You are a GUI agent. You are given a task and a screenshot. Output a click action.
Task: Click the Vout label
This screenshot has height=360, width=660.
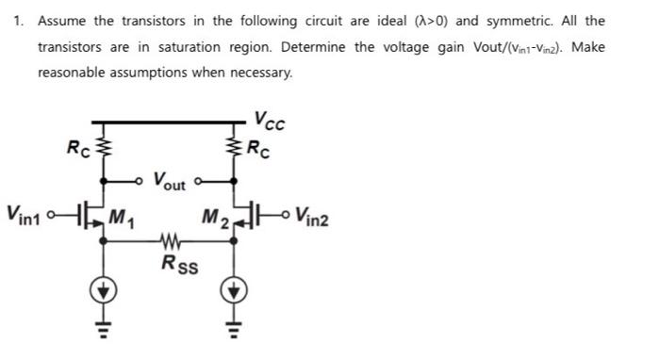click(170, 178)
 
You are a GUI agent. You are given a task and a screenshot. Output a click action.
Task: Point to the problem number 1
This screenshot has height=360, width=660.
click(18, 20)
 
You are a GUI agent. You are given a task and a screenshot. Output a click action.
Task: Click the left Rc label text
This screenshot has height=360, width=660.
click(75, 147)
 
